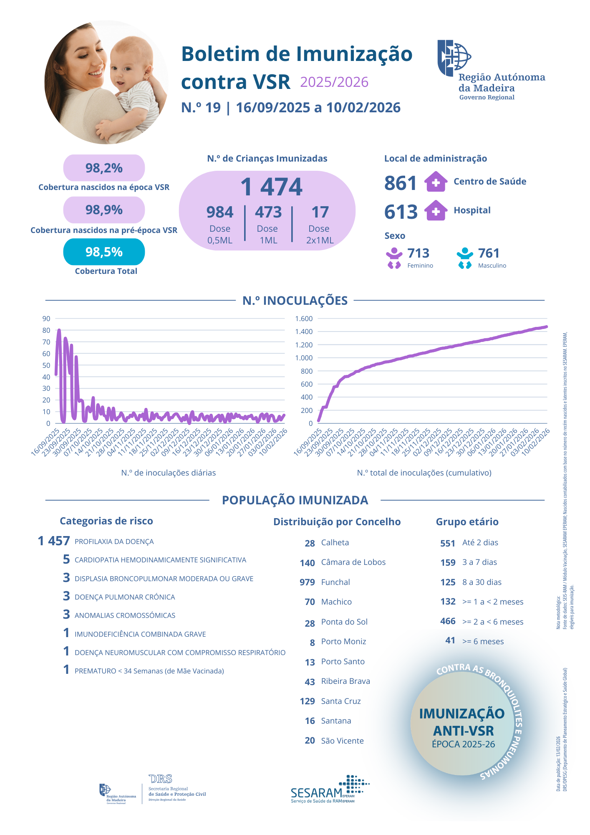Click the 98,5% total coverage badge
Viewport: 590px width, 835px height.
[x=104, y=252]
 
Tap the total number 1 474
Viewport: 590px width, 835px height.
[x=271, y=187]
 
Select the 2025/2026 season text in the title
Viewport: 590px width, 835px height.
[x=334, y=82]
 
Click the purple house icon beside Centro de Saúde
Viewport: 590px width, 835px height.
[x=436, y=182]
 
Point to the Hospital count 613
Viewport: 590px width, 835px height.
[x=401, y=212]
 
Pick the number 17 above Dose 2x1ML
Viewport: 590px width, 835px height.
[x=320, y=212]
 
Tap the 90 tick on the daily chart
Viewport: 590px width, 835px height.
[x=46, y=319]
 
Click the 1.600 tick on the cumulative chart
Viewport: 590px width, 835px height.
[x=304, y=319]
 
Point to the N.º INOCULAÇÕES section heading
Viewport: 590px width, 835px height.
[x=295, y=301]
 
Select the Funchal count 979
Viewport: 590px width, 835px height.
[x=307, y=582]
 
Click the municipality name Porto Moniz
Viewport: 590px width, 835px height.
[x=343, y=641]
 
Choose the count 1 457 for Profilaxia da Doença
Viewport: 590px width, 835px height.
[x=54, y=541]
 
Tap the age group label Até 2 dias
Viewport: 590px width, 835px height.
[x=480, y=542]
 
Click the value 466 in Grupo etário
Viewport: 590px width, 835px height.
[x=448, y=621]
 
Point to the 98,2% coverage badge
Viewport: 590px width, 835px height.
[x=104, y=168]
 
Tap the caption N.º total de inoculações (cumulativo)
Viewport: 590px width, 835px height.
[x=424, y=473]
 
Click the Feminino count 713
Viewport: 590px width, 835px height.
[x=418, y=253]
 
